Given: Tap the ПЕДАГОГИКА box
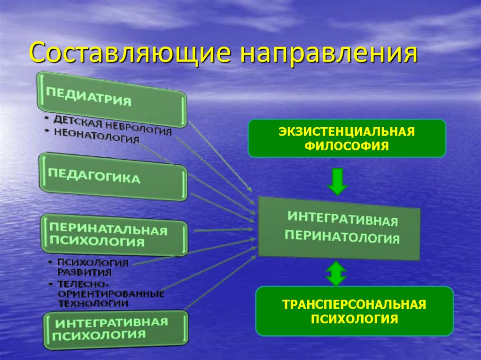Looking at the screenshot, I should pyautogui.click(x=113, y=176).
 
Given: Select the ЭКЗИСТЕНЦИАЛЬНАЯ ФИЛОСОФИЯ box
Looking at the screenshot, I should pyautogui.click(x=347, y=138).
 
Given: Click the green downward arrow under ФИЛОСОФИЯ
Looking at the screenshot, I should pyautogui.click(x=337, y=182).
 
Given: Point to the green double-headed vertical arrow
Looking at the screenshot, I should pyautogui.click(x=335, y=274).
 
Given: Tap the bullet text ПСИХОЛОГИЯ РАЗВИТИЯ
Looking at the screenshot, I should pyautogui.click(x=92, y=267).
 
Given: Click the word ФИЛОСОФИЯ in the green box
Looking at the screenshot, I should pyautogui.click(x=347, y=146).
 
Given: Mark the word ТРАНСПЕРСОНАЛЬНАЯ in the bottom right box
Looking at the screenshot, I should pyautogui.click(x=354, y=305).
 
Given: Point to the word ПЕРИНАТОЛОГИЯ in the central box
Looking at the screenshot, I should pyautogui.click(x=342, y=237).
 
